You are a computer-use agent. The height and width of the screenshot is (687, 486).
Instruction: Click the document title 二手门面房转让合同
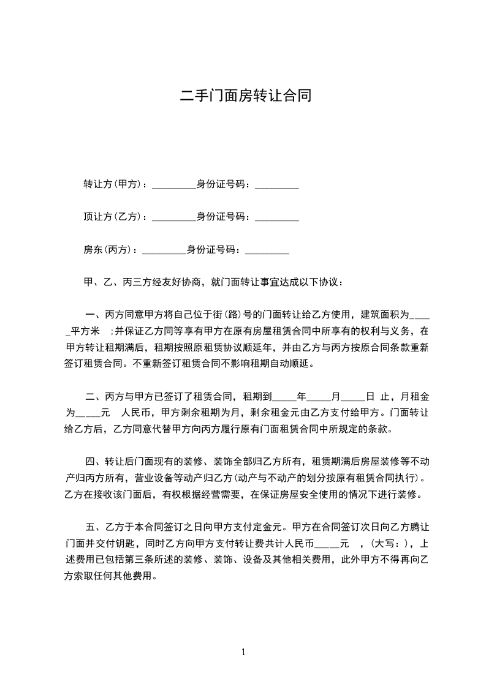point(245,96)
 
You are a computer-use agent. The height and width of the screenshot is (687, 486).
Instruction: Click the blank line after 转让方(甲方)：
point(173,186)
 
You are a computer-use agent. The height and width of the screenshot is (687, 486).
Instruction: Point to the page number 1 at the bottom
point(243,652)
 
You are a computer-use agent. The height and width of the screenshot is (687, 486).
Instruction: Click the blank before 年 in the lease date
point(284,398)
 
